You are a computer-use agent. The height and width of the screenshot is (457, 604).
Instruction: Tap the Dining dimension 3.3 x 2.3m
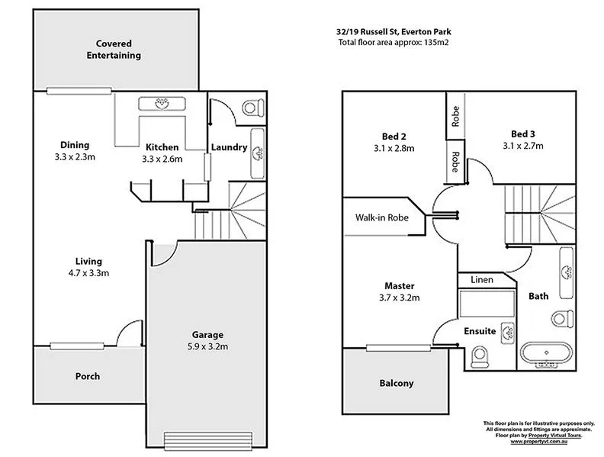(75, 157)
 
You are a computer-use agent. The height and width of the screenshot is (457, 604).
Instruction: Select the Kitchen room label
(162, 146)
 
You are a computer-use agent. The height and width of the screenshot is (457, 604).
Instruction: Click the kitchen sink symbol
(160, 104)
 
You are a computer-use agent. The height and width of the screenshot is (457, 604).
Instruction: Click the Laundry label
(230, 147)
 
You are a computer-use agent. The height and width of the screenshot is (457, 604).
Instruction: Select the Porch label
(87, 376)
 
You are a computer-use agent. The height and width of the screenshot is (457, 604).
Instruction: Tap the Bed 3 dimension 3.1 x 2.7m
(523, 145)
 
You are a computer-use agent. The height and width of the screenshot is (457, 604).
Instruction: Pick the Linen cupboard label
(481, 280)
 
